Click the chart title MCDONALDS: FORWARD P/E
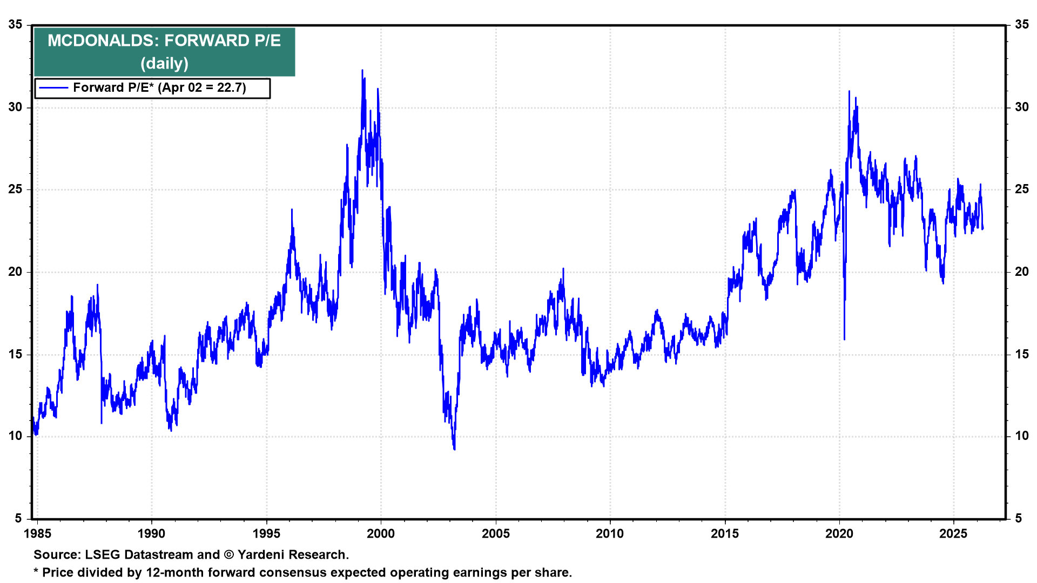tap(164, 40)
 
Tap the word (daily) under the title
tap(164, 63)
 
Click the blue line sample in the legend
tap(53, 88)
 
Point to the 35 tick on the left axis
tap(16, 25)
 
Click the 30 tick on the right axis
tap(1022, 107)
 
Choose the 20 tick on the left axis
tap(16, 272)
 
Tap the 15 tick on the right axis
tap(1022, 354)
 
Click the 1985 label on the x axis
tap(37, 534)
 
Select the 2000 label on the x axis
tap(381, 534)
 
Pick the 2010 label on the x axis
tap(610, 534)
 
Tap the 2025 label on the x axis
tap(954, 534)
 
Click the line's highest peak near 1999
tap(362, 70)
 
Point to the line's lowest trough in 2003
tap(455, 449)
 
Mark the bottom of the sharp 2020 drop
tap(844, 339)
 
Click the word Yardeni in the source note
tap(261, 555)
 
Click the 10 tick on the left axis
tap(16, 436)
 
